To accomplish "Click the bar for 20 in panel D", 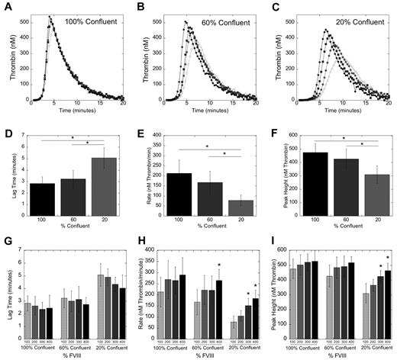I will (109, 185).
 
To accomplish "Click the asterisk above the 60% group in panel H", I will (220, 265).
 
